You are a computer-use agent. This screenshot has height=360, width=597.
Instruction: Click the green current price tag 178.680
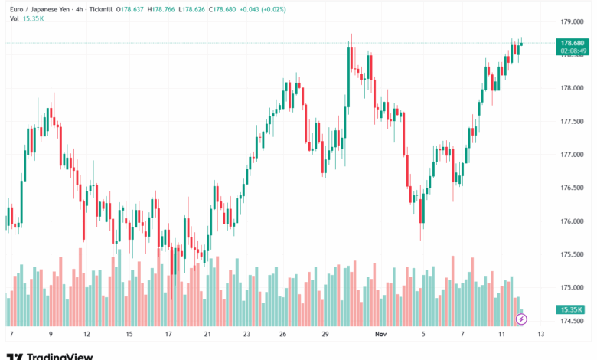click(573, 43)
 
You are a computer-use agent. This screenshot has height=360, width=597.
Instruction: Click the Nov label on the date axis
click(381, 335)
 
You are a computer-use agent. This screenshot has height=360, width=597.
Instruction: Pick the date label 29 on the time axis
click(325, 335)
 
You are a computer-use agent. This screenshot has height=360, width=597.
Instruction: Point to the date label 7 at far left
click(11, 335)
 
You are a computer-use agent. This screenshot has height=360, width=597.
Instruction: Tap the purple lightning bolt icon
click(522, 318)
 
